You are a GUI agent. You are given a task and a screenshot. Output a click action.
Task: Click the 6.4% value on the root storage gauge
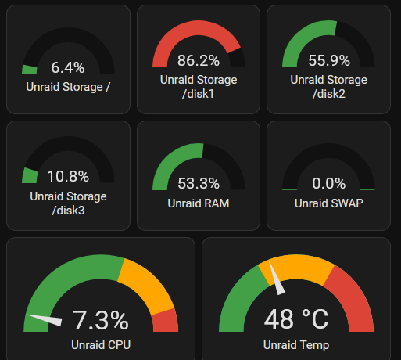67,67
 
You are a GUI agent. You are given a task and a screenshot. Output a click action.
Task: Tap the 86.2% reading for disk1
199,60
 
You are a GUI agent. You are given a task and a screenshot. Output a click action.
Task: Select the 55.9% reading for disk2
329,60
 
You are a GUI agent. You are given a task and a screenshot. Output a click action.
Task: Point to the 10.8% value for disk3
67,176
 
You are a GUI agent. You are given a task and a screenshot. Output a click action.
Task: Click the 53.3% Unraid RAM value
199,183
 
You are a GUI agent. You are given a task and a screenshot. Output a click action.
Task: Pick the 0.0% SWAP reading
329,183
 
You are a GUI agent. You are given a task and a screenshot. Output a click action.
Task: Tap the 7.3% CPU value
100,320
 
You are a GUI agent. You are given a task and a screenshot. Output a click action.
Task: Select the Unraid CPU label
100,345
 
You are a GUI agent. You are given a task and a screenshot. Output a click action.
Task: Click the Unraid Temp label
296,345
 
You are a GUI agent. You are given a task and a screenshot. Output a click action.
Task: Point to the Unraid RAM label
199,203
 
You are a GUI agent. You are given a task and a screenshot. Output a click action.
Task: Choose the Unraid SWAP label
329,203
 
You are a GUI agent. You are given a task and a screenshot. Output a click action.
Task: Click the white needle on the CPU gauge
45,319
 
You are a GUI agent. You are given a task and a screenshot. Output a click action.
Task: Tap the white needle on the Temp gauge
276,280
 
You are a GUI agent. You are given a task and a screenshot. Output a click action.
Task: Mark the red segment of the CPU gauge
166,321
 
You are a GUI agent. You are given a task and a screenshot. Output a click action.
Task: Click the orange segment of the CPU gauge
148,283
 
